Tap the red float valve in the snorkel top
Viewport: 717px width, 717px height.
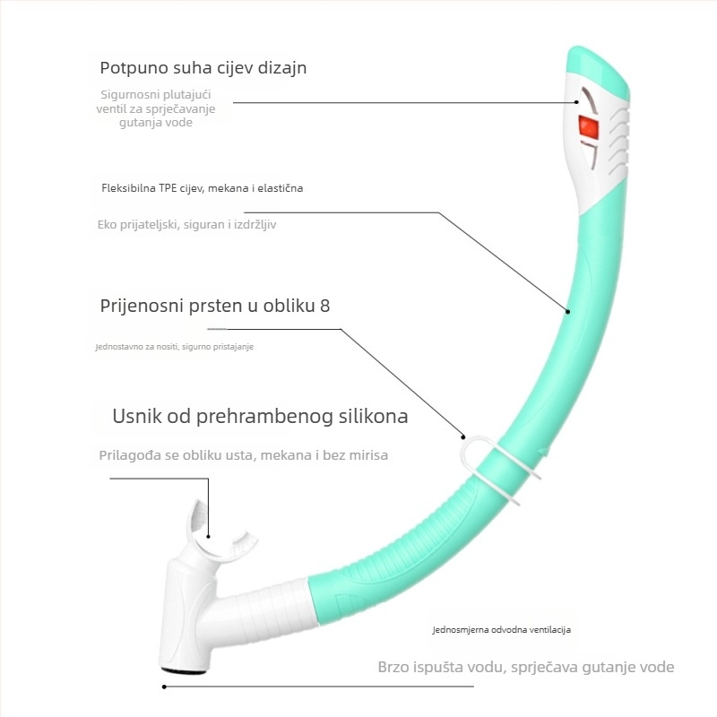pyautogui.click(x=588, y=125)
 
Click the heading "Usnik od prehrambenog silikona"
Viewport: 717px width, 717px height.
pyautogui.click(x=260, y=417)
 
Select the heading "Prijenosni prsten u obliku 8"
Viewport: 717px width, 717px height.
pyautogui.click(x=215, y=306)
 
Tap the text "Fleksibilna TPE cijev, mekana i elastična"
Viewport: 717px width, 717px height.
pyautogui.click(x=202, y=188)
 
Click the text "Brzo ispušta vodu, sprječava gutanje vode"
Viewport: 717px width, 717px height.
pyautogui.click(x=525, y=667)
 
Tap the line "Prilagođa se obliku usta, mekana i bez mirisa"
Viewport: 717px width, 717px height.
pyautogui.click(x=243, y=455)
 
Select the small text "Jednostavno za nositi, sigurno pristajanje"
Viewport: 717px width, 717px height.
pyautogui.click(x=174, y=347)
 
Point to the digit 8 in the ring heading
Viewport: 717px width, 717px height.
pyautogui.click(x=324, y=306)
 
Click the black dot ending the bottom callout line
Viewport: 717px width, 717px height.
pyautogui.click(x=164, y=687)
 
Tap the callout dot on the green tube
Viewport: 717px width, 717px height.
pyautogui.click(x=567, y=311)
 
